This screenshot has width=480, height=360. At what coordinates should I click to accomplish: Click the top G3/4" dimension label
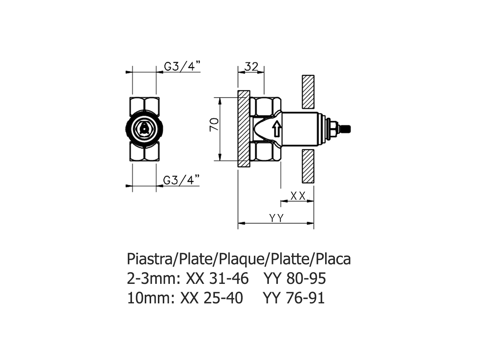click(182, 66)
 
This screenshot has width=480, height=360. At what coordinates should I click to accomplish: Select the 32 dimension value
click(251, 66)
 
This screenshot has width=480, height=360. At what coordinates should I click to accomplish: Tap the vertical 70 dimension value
click(213, 124)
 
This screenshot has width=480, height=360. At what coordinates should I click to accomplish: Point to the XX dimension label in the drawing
click(298, 195)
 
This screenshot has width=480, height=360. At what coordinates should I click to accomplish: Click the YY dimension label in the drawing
click(276, 218)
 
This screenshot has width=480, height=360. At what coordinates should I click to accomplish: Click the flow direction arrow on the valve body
click(276, 129)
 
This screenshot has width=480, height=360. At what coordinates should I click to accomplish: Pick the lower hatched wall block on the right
click(308, 167)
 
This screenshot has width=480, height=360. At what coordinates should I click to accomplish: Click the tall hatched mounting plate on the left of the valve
click(244, 129)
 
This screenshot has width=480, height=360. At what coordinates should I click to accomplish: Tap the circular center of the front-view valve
click(144, 129)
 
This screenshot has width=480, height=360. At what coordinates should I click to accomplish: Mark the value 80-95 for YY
click(306, 279)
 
